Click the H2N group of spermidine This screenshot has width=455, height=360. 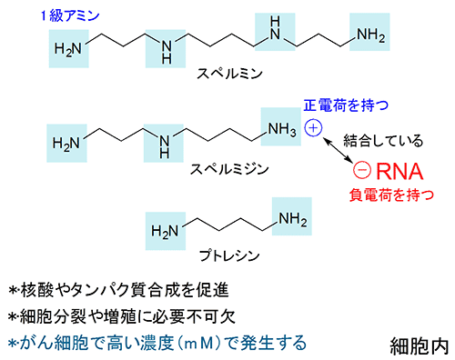pos(68,143)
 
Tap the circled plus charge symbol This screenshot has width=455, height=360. pos(313,127)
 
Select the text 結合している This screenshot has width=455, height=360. pos(382,141)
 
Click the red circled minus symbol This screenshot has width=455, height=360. pos(362,170)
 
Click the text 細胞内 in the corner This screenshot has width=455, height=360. pos(415,345)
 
